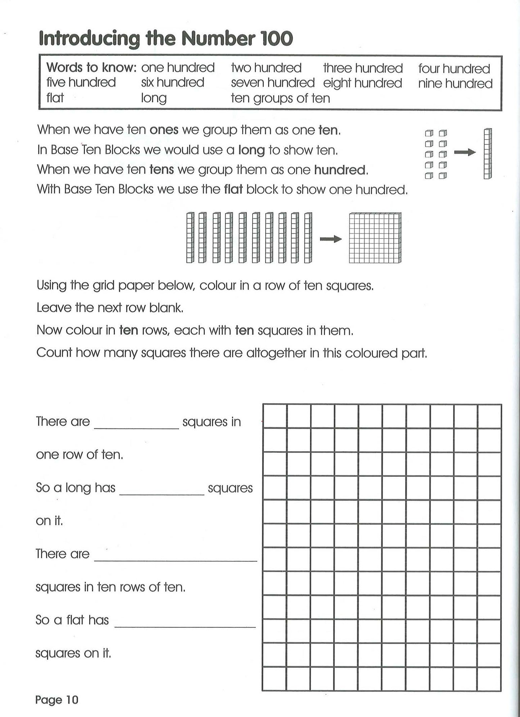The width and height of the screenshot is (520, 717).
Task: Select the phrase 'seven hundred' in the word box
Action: click(x=272, y=83)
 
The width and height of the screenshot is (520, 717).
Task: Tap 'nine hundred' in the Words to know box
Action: click(x=455, y=84)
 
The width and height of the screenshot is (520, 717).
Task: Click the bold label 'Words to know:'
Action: click(x=91, y=68)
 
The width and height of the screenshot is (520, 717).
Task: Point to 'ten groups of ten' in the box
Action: click(x=280, y=98)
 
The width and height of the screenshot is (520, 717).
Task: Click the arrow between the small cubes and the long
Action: click(x=465, y=153)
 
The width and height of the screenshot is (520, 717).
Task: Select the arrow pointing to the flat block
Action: click(x=330, y=239)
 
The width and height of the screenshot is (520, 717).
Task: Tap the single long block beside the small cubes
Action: click(x=488, y=154)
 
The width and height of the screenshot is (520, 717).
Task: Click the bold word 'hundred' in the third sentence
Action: click(x=340, y=170)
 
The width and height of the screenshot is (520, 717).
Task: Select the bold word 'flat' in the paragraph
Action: click(x=233, y=189)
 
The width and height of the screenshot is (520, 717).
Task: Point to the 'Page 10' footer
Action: click(x=56, y=700)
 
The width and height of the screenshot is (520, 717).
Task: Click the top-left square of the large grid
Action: click(x=275, y=416)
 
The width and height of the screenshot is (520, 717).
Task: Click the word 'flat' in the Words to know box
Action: click(x=55, y=98)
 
